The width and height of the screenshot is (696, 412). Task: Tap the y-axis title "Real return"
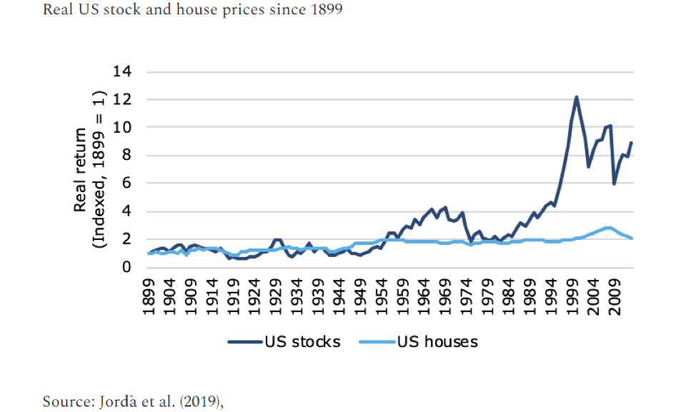pos(80,170)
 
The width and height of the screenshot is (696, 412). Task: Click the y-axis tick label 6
pos(127,184)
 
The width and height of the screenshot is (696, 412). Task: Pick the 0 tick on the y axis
pos(127,268)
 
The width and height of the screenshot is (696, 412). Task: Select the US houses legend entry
pos(422,341)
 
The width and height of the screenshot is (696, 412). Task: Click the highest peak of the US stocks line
pos(576,97)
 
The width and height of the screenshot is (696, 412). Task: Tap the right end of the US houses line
pos(632,238)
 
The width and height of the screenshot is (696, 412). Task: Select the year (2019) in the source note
pos(200,401)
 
